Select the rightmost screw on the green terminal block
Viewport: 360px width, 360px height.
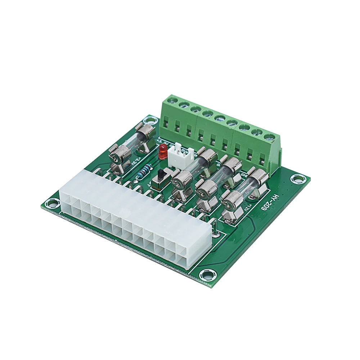click(x=269, y=137)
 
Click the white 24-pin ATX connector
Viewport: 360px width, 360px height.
click(x=133, y=220)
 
